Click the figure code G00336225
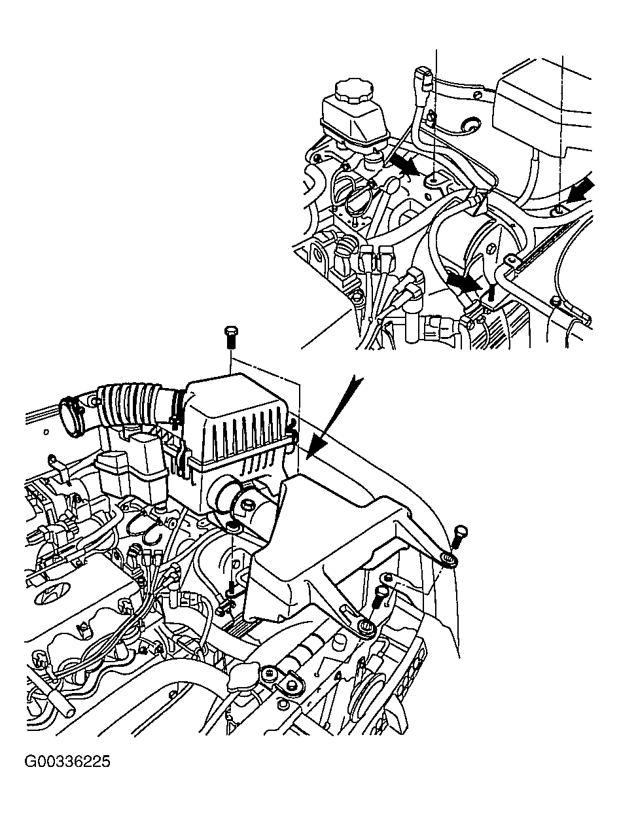67,762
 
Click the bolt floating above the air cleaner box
231,338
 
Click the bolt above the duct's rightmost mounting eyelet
459,536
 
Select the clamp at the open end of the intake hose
72,416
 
